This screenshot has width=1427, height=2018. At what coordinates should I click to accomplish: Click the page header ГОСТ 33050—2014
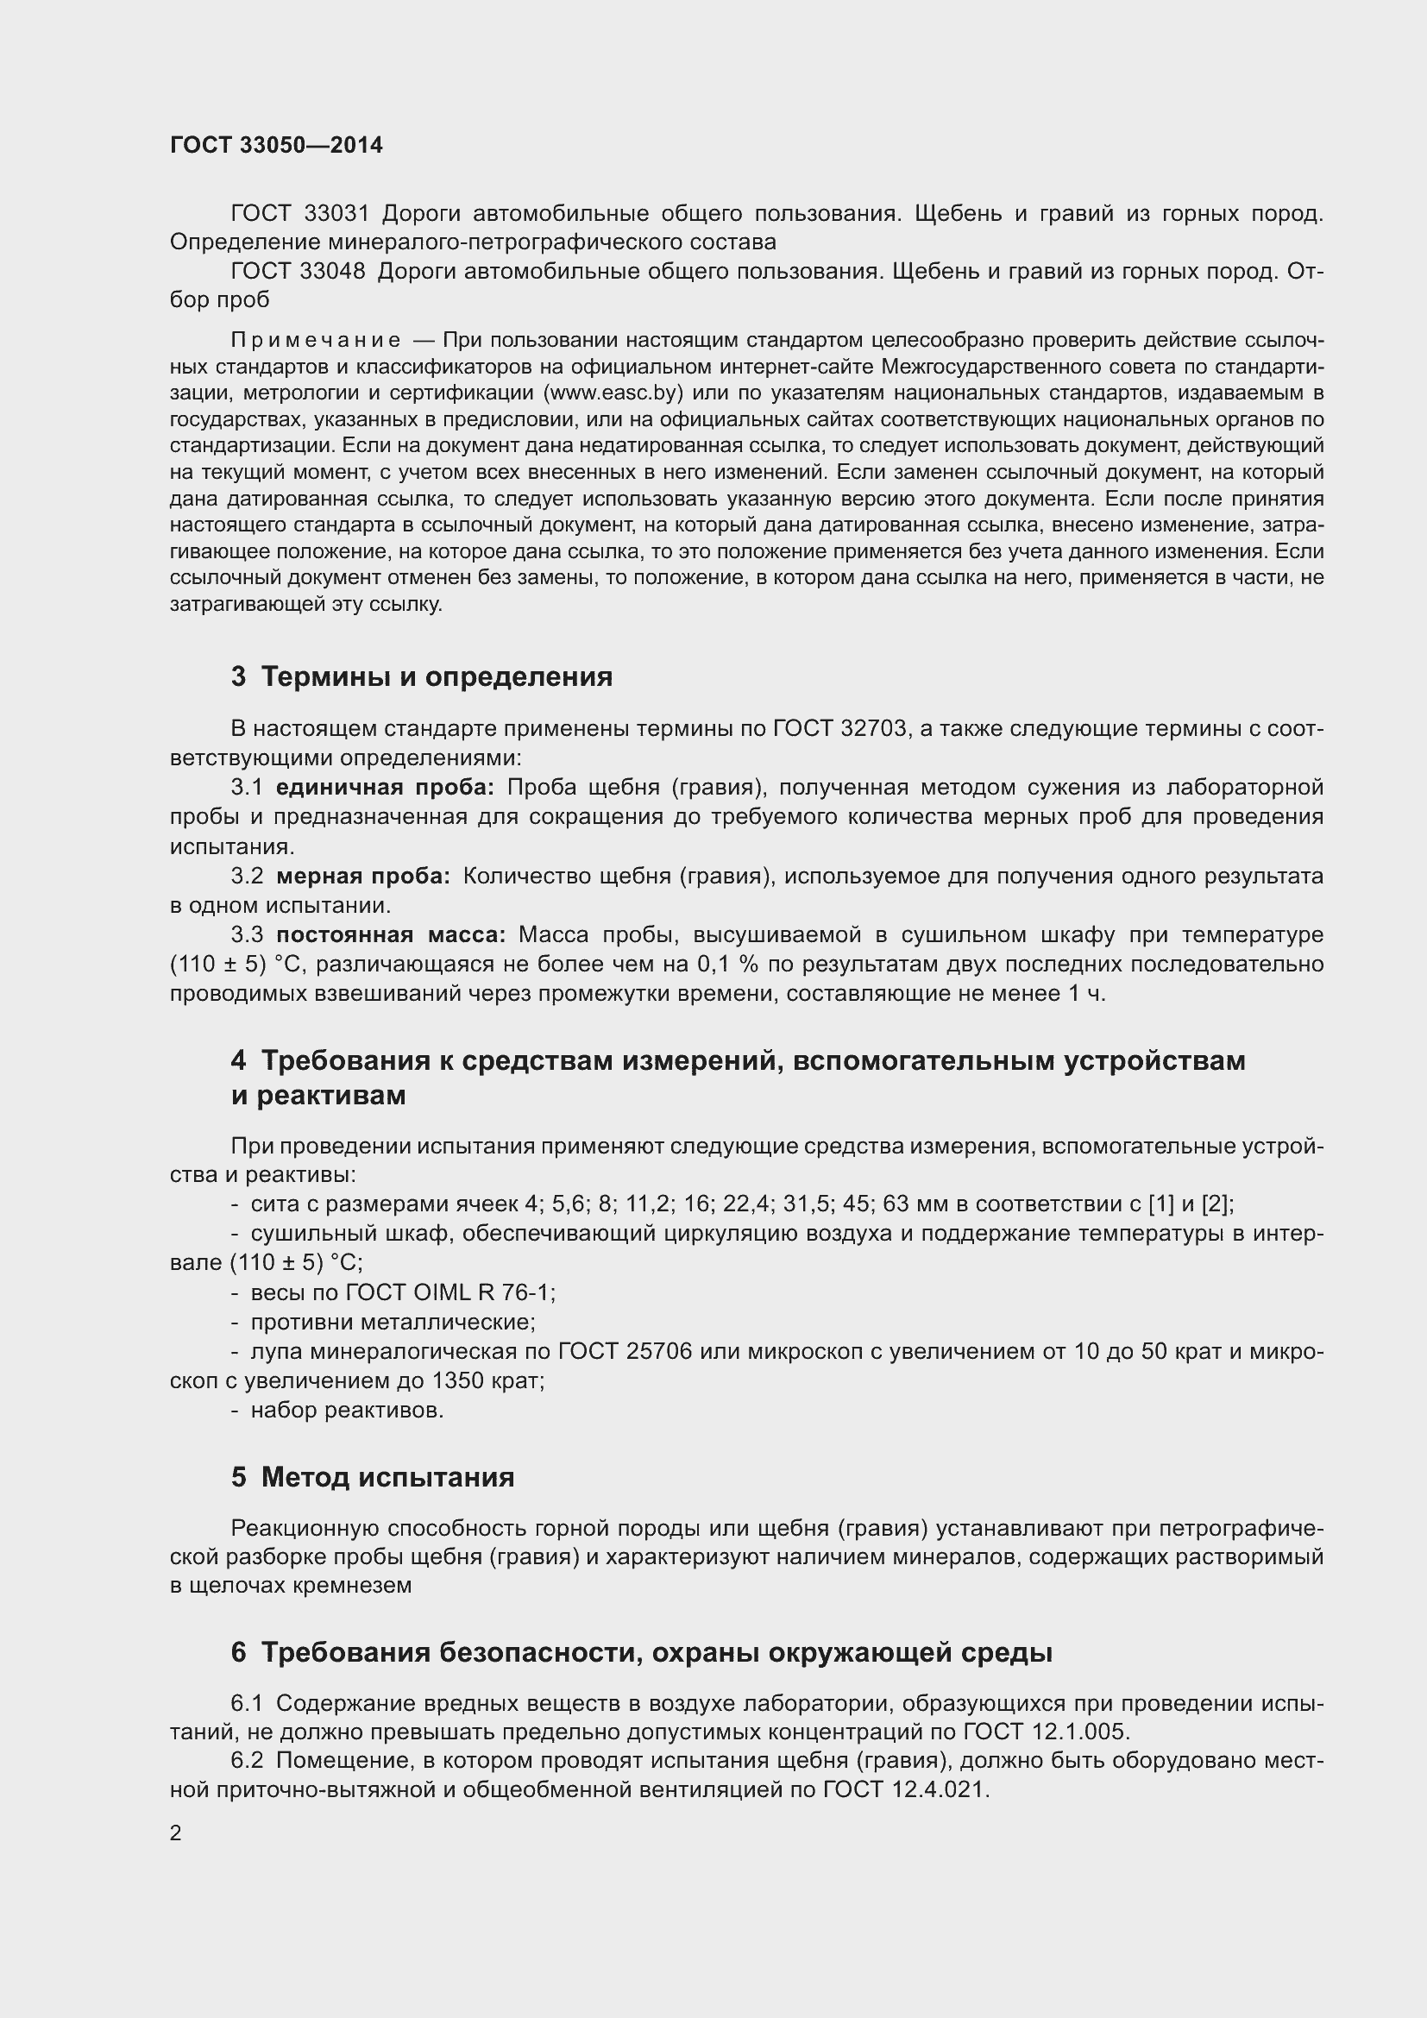(276, 145)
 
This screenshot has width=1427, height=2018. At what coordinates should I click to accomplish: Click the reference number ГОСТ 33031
(299, 214)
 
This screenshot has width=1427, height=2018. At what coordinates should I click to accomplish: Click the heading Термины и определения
(437, 676)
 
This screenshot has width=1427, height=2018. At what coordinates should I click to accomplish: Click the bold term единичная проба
(385, 787)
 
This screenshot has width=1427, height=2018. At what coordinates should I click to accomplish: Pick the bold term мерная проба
(363, 877)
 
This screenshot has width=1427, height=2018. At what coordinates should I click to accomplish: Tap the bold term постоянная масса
(391, 934)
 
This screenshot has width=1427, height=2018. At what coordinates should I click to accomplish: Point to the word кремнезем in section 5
(362, 1586)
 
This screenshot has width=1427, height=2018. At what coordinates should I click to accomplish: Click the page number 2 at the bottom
(176, 1833)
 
